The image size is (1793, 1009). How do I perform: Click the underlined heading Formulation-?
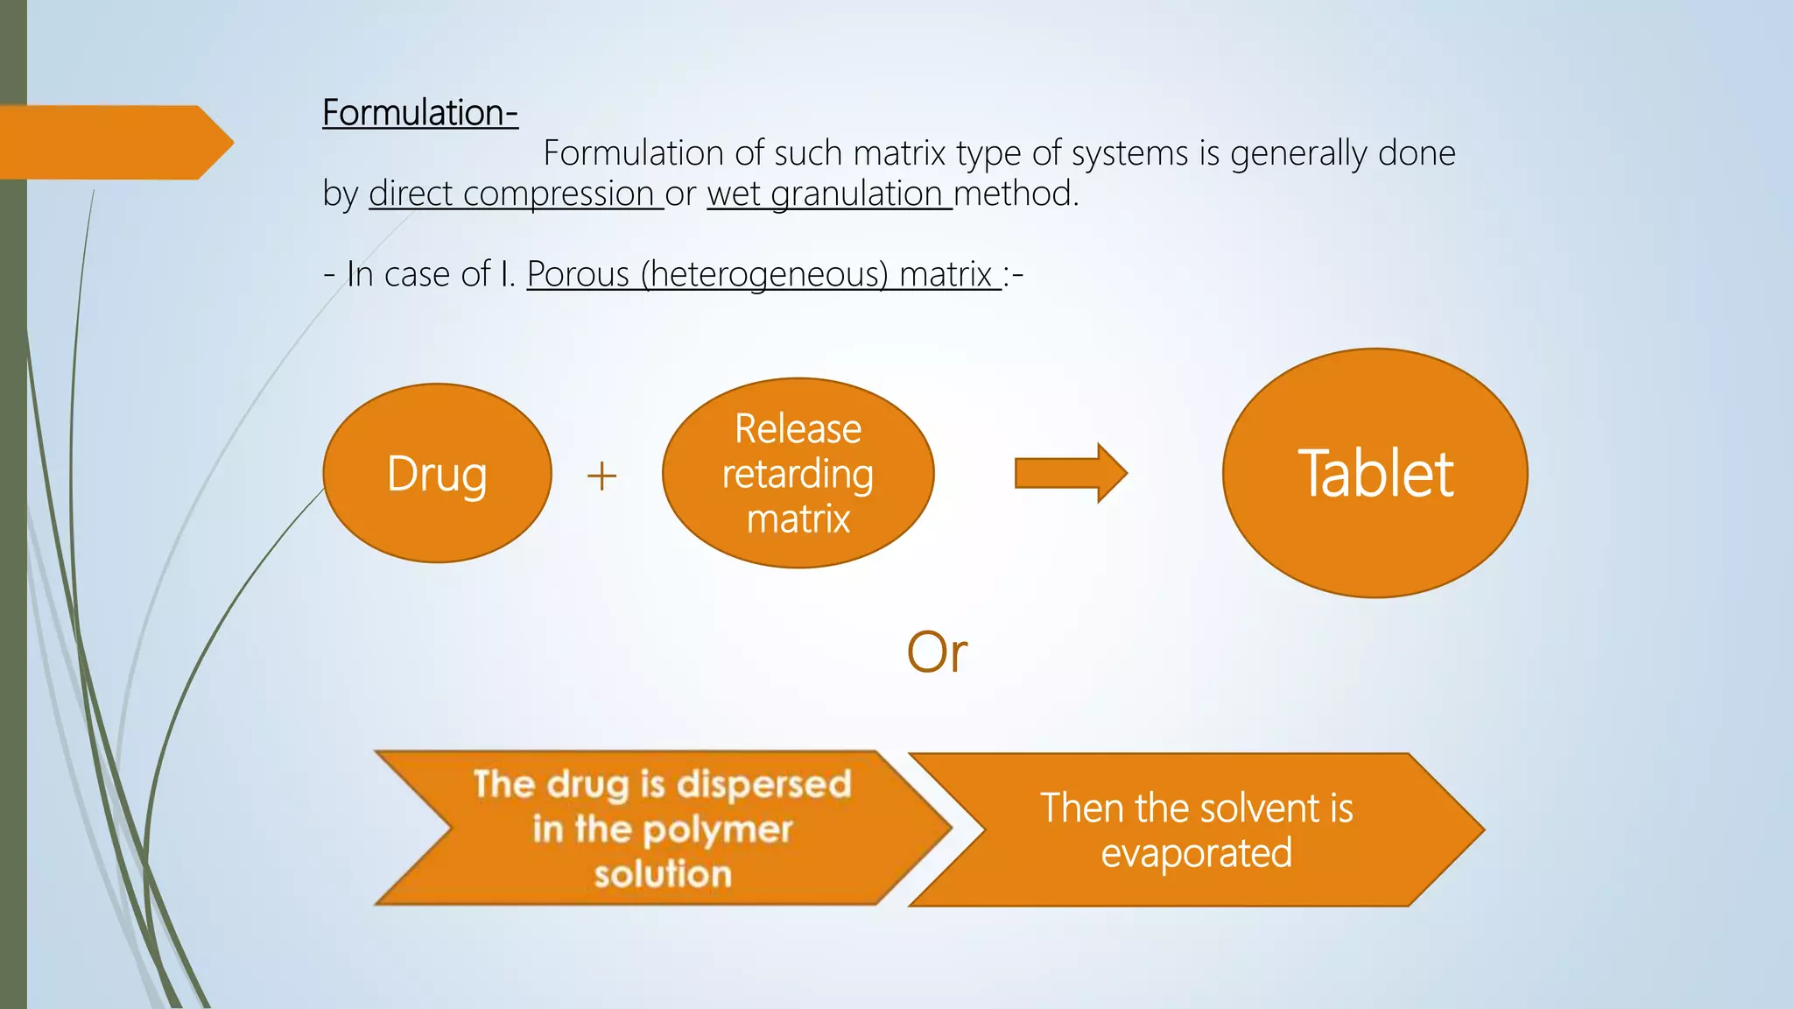click(419, 113)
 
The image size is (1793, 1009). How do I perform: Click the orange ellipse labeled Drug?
click(437, 473)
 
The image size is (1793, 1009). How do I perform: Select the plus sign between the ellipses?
click(601, 477)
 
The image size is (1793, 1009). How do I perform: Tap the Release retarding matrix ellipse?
click(798, 473)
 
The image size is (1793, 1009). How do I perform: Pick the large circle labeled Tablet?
click(1375, 473)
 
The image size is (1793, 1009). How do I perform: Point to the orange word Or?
click(937, 653)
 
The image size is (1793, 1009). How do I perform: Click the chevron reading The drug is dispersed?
click(662, 828)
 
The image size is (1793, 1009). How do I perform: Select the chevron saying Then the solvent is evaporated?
click(1196, 829)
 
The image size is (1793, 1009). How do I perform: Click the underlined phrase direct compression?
click(515, 194)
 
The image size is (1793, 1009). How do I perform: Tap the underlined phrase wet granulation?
click(828, 194)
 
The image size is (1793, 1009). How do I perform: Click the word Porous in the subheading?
click(578, 274)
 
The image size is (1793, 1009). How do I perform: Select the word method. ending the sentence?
click(1016, 194)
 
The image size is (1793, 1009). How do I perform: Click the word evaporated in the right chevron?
click(1196, 853)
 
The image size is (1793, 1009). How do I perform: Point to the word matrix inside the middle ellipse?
click(798, 519)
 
